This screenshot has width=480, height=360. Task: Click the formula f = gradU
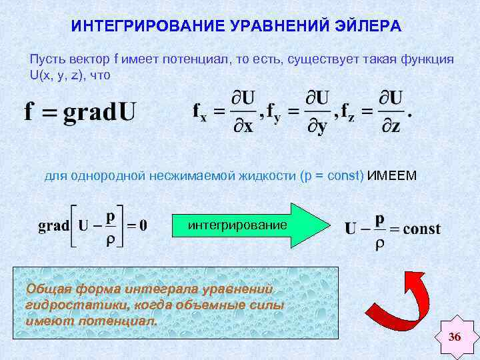(x=80, y=110)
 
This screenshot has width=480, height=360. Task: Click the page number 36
(x=455, y=337)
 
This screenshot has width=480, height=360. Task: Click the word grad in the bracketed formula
(x=53, y=226)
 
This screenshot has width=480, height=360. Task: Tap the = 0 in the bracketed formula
(x=137, y=226)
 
